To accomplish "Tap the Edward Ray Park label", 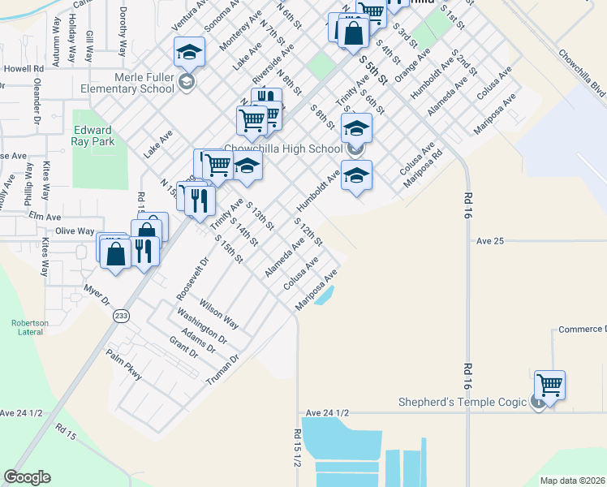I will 93,136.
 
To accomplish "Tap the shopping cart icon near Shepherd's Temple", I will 549,383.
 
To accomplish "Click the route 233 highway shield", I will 121,317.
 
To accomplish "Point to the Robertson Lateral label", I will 30,327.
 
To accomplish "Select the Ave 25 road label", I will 490,241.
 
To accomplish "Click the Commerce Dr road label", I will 582,329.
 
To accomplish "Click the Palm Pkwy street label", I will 124,364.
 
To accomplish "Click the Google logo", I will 27,477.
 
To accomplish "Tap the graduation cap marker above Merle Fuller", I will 189,52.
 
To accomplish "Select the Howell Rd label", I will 22,69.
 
